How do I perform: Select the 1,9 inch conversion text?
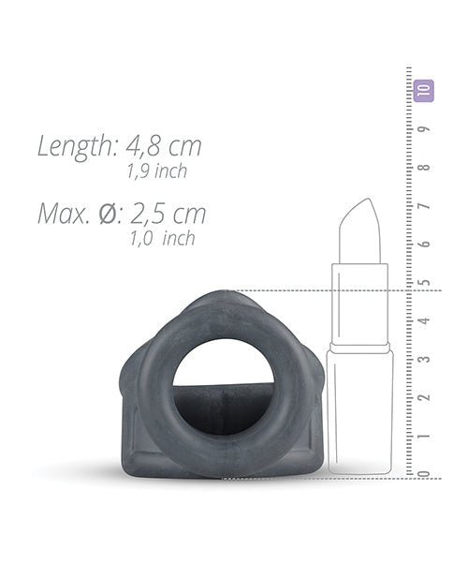click(x=157, y=171)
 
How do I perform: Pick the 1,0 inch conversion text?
click(x=163, y=238)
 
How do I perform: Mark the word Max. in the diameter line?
click(x=66, y=214)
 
